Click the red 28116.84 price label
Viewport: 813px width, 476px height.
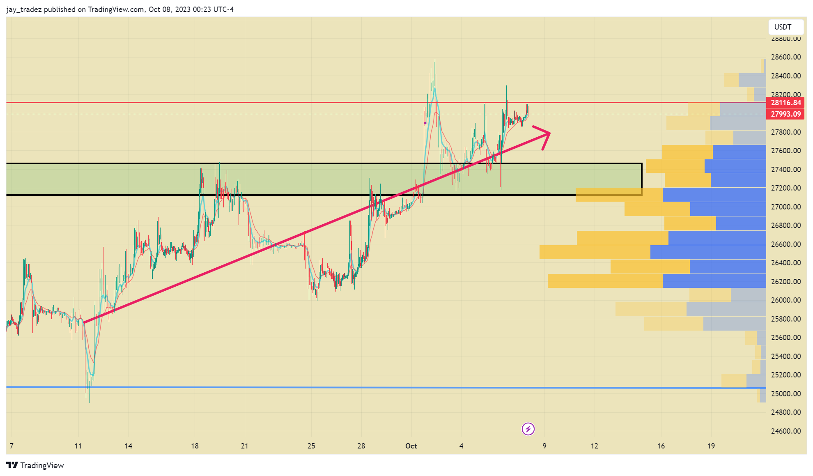pos(785,103)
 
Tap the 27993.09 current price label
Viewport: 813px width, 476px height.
pos(785,114)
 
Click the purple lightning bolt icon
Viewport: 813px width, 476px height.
pos(528,429)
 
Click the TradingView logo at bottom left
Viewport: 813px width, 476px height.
pos(35,465)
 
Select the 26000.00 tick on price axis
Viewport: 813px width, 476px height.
pos(785,300)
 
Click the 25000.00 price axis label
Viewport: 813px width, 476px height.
pos(785,393)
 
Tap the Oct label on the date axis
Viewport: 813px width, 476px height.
pos(411,446)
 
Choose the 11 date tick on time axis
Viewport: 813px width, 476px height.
pos(78,446)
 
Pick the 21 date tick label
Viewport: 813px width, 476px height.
pos(245,446)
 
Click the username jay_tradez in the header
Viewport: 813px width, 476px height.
pos(24,9)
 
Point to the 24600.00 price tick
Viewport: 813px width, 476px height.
pos(785,431)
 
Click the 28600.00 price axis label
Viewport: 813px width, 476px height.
pos(785,57)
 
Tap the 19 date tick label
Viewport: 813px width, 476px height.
pos(711,446)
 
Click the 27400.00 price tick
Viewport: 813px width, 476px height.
pos(785,169)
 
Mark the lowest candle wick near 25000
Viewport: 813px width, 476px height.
pos(90,402)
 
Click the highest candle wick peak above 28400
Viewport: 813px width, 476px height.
pos(435,60)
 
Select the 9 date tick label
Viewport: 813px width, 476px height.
pos(544,446)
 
